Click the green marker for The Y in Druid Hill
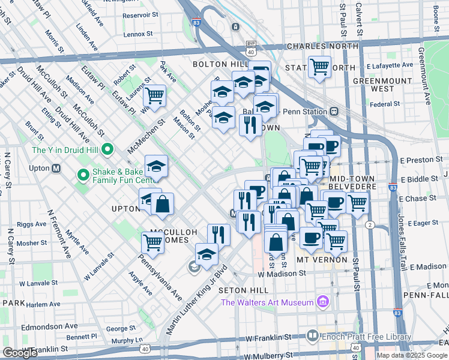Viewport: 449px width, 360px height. (x=108, y=149)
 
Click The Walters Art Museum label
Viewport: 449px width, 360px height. (x=267, y=302)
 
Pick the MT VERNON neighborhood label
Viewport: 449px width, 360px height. (x=322, y=260)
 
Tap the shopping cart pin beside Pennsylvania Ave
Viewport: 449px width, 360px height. (x=153, y=242)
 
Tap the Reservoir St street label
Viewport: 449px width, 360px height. (x=140, y=16)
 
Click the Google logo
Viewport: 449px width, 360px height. (x=20, y=353)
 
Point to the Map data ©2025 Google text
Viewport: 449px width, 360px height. (x=412, y=355)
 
